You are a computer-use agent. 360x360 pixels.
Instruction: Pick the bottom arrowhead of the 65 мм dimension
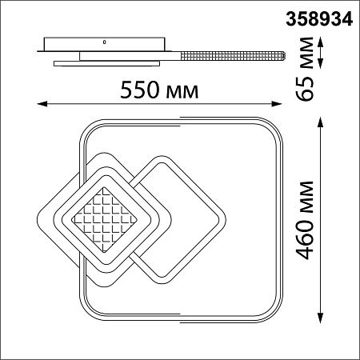[322, 67]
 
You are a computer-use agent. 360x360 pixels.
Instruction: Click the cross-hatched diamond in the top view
[102, 218]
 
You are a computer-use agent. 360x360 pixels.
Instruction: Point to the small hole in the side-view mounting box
[103, 40]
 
